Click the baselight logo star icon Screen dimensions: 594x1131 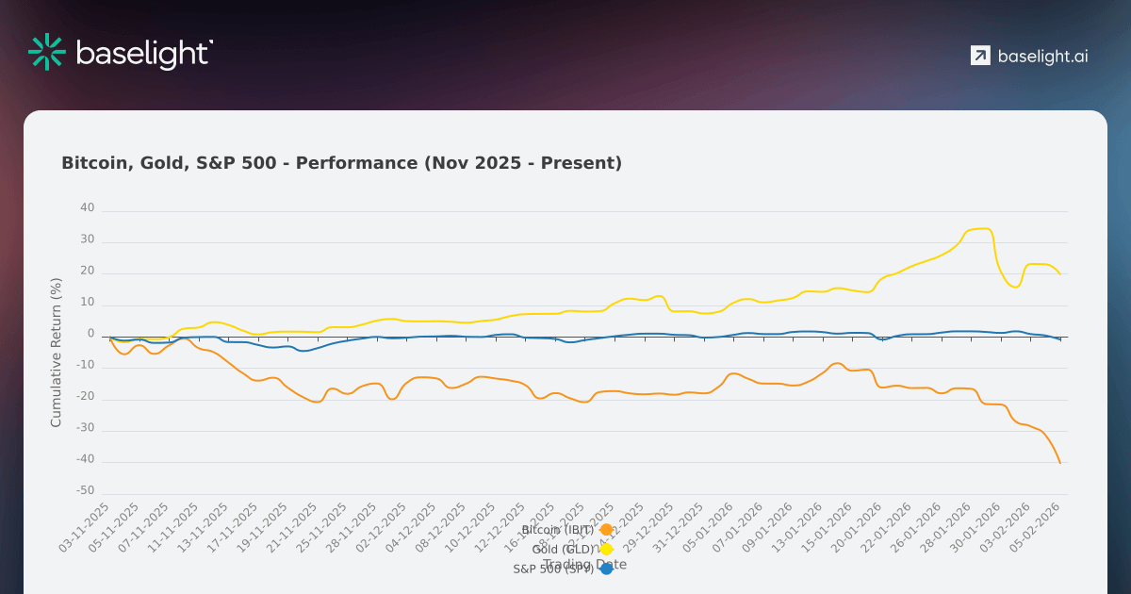point(46,52)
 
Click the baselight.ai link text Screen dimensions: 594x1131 point(1042,56)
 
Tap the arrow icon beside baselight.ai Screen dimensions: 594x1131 point(980,56)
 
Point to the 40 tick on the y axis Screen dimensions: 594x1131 point(88,208)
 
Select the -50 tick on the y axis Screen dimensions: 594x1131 point(86,491)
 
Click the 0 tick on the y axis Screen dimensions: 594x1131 point(91,334)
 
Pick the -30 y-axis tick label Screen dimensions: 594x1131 point(86,428)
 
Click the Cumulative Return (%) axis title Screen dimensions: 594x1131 point(56,352)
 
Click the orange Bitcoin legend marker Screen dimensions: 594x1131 point(606,530)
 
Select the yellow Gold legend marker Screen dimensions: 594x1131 point(606,549)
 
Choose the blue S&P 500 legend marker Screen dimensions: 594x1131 point(606,569)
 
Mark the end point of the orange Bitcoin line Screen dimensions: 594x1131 point(1060,463)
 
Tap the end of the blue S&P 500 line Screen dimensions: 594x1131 point(1060,339)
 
